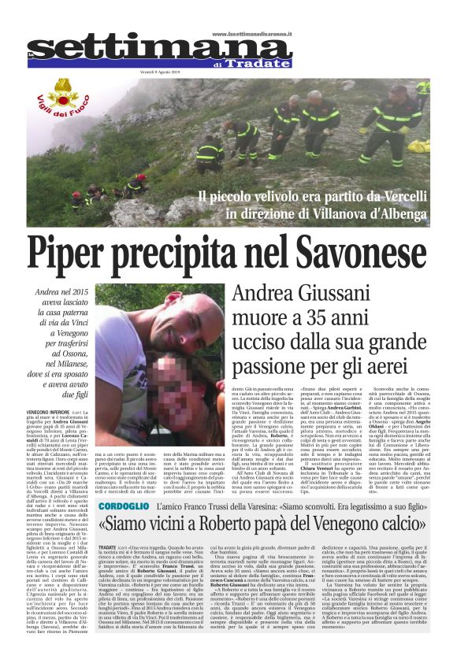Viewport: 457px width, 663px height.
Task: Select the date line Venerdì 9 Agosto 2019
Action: point(229,72)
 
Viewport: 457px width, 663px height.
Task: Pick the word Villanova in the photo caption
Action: point(350,212)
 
